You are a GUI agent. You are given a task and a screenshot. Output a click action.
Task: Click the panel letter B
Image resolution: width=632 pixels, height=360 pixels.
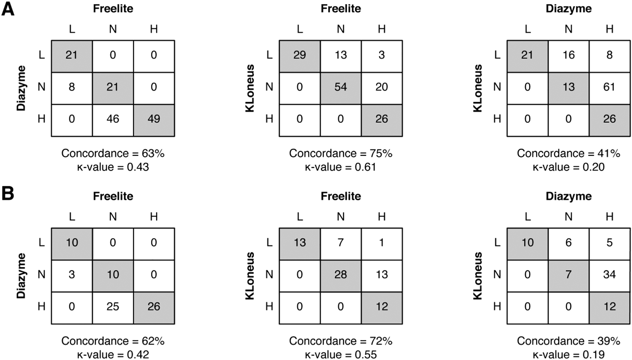8,194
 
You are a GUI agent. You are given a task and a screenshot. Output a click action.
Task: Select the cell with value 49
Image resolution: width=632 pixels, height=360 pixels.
154,119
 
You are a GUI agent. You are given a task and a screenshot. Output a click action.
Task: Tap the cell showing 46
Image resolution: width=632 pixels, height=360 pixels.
113,119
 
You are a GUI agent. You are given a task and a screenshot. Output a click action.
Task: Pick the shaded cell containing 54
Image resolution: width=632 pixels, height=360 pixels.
341,87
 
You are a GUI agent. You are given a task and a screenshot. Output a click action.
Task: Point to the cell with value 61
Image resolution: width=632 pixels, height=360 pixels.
609,87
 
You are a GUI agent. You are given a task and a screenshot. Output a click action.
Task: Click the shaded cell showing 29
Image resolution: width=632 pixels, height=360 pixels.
300,55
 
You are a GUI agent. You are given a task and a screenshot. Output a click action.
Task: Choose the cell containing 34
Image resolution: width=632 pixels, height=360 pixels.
609,275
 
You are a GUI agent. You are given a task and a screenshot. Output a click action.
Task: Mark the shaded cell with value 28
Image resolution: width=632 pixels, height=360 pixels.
341,275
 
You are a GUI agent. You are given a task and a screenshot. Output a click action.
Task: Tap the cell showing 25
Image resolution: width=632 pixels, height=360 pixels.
113,306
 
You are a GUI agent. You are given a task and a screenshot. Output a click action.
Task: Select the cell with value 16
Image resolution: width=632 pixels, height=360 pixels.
569,55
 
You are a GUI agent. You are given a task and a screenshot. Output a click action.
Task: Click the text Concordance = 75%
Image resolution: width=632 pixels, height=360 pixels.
341,153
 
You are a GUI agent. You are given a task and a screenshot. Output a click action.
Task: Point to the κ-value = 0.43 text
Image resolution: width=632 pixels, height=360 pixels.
113,167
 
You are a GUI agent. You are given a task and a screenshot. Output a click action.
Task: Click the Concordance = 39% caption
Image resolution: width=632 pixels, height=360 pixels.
569,341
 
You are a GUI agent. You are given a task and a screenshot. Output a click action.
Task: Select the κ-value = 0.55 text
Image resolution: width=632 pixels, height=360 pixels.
341,355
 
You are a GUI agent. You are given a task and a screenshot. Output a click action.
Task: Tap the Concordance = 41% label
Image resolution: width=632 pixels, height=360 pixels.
569,153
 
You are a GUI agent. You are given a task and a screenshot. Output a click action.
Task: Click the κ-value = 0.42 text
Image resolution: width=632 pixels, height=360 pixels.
113,355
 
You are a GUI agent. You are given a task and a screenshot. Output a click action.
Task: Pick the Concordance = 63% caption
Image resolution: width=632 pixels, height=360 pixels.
113,153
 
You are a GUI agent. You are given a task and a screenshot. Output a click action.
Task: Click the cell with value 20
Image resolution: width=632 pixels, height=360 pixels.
382,87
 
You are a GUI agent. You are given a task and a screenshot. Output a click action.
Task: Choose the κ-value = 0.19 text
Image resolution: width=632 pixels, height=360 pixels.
569,355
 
